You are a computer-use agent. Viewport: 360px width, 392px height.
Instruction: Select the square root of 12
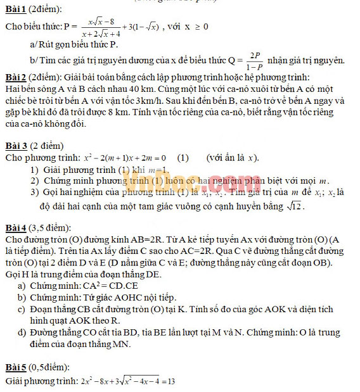click(x=293, y=206)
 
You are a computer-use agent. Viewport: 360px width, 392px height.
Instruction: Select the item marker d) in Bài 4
click(x=23, y=333)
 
